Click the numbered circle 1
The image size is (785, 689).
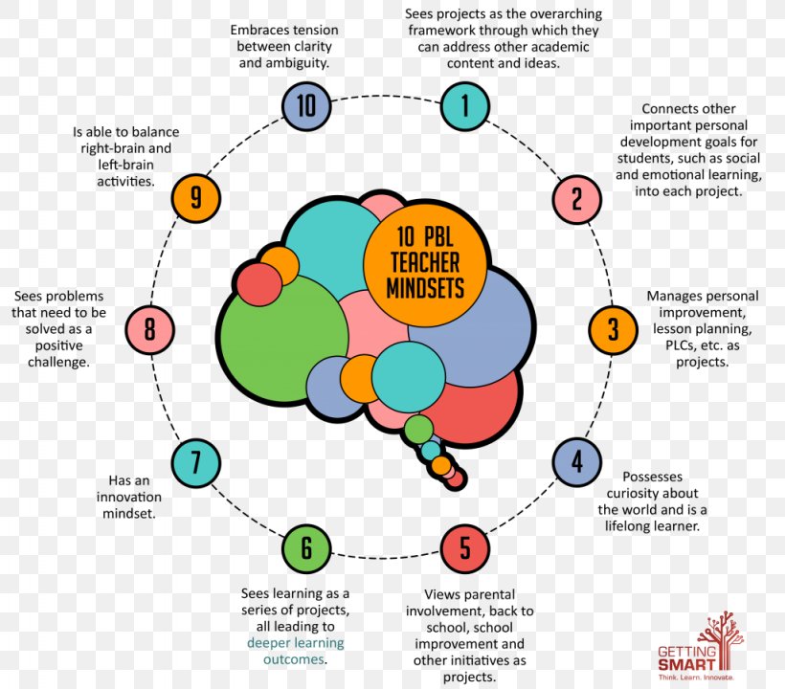(x=465, y=105)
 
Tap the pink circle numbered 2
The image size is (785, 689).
(x=576, y=199)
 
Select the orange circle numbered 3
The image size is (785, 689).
(x=614, y=329)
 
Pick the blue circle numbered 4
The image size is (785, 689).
(x=576, y=462)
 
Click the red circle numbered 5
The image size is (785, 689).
(x=465, y=548)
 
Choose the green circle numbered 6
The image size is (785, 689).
(x=306, y=548)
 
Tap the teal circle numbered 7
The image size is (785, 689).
(x=196, y=463)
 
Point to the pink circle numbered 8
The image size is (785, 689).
(x=150, y=330)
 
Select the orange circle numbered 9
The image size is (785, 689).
(x=196, y=198)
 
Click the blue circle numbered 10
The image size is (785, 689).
(x=306, y=105)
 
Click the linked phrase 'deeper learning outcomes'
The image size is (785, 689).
(x=296, y=651)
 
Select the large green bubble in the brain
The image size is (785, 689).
(x=277, y=335)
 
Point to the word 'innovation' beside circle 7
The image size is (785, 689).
(x=128, y=498)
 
